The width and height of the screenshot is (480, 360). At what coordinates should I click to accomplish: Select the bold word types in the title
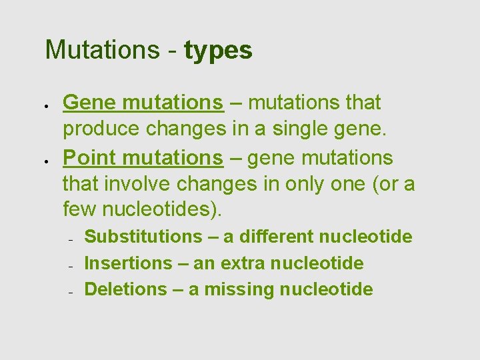click(218, 51)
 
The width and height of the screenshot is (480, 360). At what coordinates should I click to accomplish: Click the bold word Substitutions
click(143, 237)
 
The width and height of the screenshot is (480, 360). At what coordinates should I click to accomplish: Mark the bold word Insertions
click(128, 263)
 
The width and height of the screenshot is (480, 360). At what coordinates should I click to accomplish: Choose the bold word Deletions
click(126, 289)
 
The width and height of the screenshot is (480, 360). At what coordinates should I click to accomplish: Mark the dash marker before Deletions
click(69, 292)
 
